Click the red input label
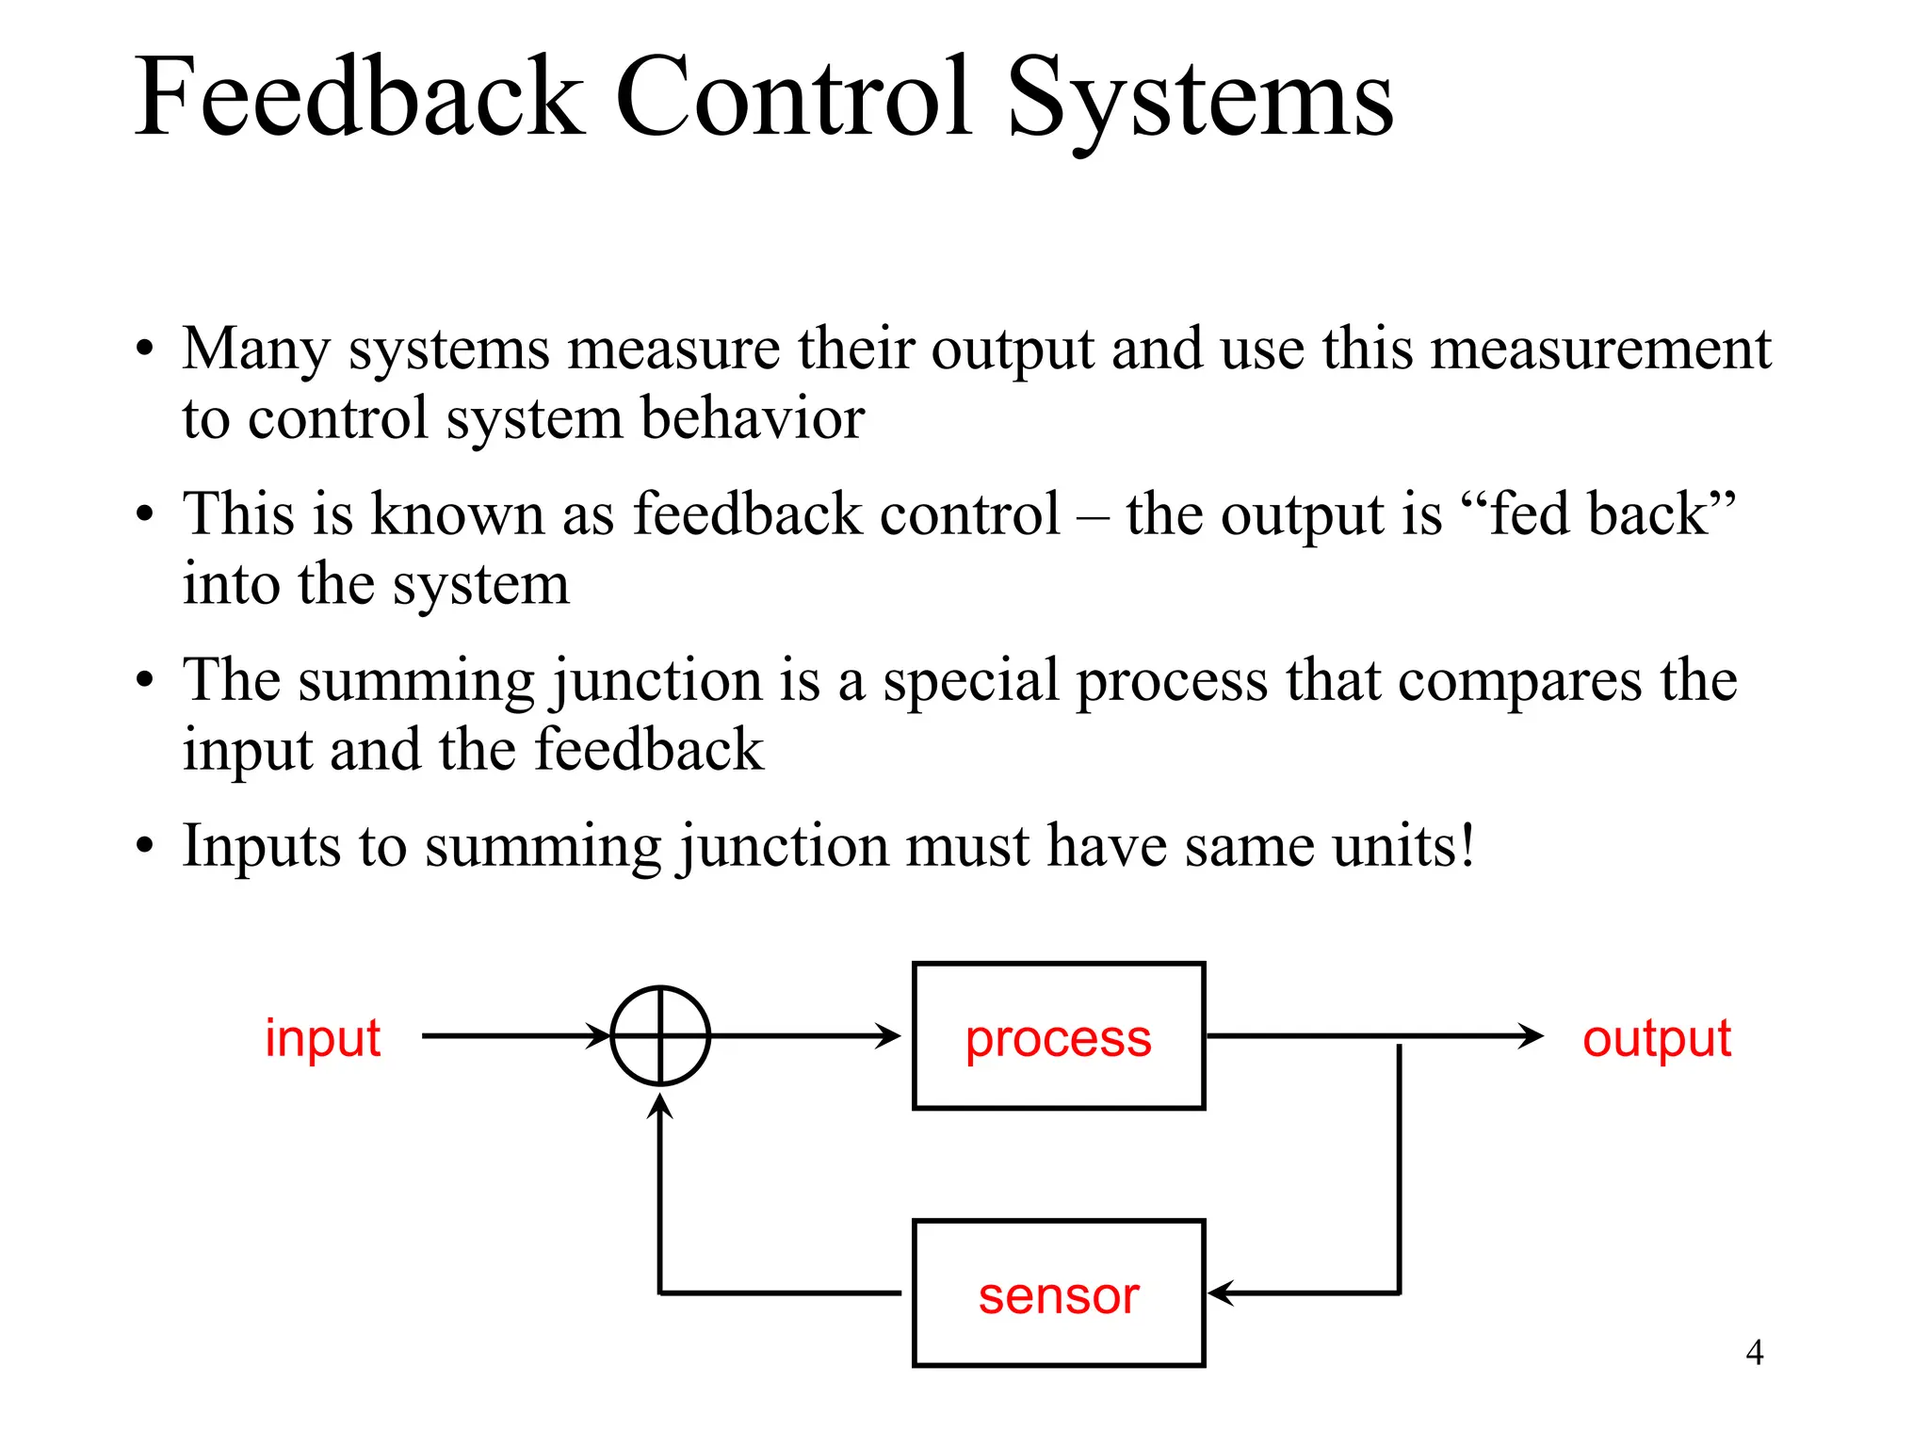coord(323,1039)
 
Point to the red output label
coord(1656,1039)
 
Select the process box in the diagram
coord(1059,1036)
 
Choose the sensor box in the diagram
coord(1059,1293)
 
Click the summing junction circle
coord(660,1036)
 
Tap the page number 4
coord(1754,1353)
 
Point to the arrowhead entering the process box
coord(888,1036)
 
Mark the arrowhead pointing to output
coord(1531,1036)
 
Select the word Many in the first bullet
coord(256,350)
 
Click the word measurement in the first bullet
coord(1600,350)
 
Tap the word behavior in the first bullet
coord(753,418)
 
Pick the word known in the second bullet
coord(458,514)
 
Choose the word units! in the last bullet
coord(1403,845)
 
